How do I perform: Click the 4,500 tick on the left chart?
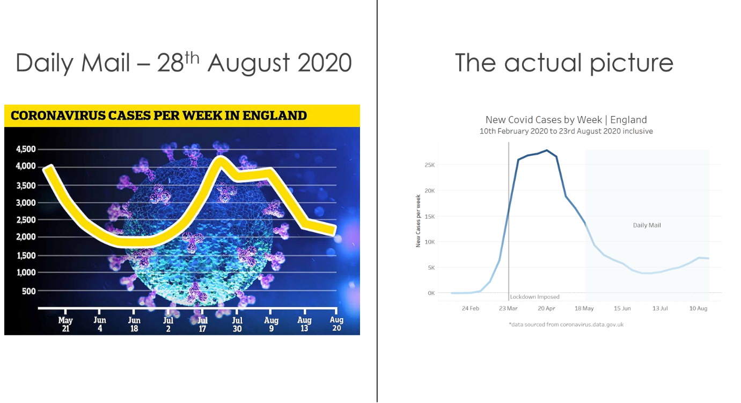tap(26, 149)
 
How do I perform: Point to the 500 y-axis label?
tap(28, 291)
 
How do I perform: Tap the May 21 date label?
tap(65, 324)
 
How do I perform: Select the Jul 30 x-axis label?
tap(237, 325)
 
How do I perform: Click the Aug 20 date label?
tap(336, 324)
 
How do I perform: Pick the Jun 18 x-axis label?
tap(134, 325)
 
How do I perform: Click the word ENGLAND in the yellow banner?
tap(275, 116)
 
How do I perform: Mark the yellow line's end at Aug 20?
tap(335, 231)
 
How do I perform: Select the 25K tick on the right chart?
tap(429, 165)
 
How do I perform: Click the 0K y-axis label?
tap(431, 293)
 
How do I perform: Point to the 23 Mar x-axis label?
tap(508, 308)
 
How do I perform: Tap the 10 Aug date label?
tap(698, 308)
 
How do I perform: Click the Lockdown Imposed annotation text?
tap(534, 297)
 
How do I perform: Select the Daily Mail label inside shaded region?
tap(647, 225)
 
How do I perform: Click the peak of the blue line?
tap(547, 150)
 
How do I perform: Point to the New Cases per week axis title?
tap(418, 221)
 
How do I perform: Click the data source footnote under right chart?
tap(566, 325)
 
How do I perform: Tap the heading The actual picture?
tap(564, 62)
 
